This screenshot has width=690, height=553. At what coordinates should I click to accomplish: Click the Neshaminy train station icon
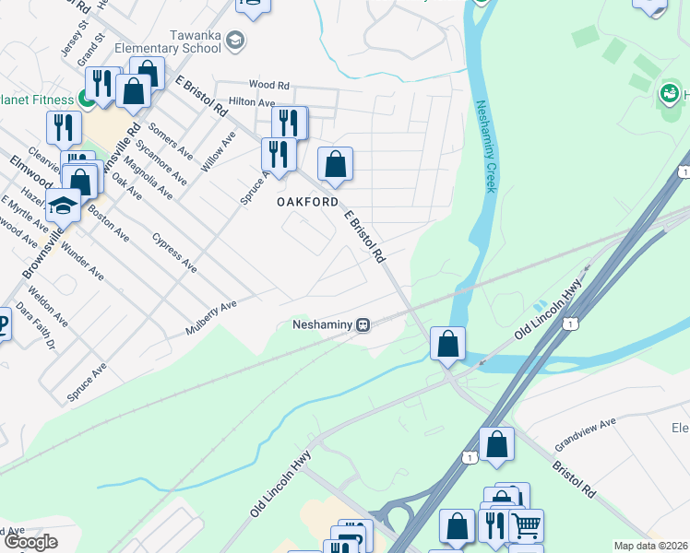[x=364, y=324]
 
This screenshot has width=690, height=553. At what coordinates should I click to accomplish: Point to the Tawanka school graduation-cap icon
[x=235, y=39]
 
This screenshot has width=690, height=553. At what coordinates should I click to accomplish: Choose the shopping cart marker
[x=526, y=524]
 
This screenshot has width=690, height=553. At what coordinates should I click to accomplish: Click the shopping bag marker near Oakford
[x=336, y=165]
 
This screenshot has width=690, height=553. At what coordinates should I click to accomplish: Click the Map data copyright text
[x=650, y=546]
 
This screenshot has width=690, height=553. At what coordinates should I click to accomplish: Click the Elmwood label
[x=31, y=165]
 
